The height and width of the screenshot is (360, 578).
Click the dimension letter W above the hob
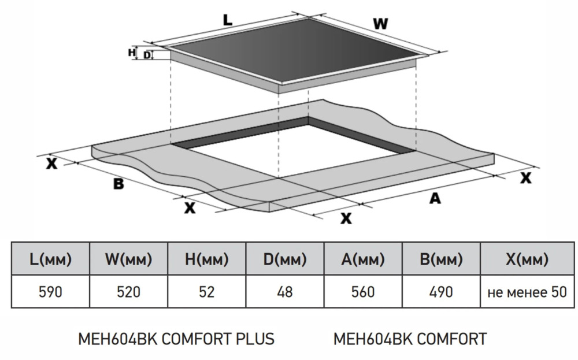coord(380,24)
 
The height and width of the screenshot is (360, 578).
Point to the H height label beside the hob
coord(131,53)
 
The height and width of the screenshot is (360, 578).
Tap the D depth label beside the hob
coord(147,55)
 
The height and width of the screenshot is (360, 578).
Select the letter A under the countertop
coord(435,198)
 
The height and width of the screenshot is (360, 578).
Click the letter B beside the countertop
coord(118,184)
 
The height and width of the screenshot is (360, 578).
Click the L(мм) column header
coord(50,259)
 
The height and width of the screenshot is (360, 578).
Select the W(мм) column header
coord(128,259)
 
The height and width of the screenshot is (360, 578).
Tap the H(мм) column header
coord(206,259)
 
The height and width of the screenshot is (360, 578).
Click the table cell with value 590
coord(50,292)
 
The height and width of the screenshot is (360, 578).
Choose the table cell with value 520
coord(128,292)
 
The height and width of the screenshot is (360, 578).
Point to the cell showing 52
coord(206,292)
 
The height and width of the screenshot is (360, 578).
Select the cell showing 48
coord(285,292)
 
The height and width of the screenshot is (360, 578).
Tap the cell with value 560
coord(363,292)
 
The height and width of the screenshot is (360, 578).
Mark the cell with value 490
coord(441,292)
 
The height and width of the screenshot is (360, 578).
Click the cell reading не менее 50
coord(527,292)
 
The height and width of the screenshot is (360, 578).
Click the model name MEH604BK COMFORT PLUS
coord(176,339)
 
